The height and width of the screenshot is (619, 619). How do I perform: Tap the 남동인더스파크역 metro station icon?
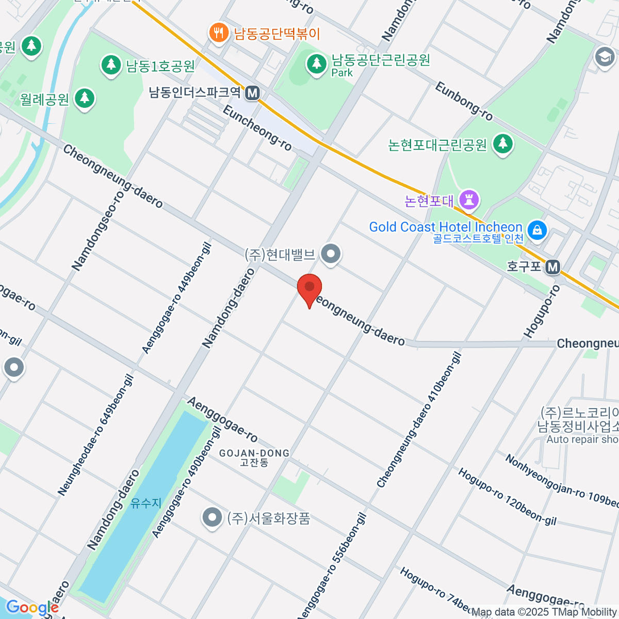252,93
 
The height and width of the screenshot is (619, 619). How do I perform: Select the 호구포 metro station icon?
553,267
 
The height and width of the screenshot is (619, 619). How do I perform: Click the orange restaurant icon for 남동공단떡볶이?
219,34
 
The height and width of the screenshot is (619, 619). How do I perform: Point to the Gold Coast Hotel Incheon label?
446,227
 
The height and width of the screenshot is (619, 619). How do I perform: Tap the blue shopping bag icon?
537,230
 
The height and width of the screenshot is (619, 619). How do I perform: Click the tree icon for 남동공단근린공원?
316,64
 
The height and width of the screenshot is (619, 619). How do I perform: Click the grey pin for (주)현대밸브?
331,254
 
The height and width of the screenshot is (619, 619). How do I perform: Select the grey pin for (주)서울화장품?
211,517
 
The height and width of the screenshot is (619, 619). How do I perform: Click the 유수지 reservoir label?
146,502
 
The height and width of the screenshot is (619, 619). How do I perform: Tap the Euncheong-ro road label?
257,128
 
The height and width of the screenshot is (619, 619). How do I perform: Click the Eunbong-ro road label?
464,101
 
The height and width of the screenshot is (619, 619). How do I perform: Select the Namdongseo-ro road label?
98,231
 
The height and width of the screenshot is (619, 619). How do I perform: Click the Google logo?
32,608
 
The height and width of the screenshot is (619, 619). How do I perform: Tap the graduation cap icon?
605,56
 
